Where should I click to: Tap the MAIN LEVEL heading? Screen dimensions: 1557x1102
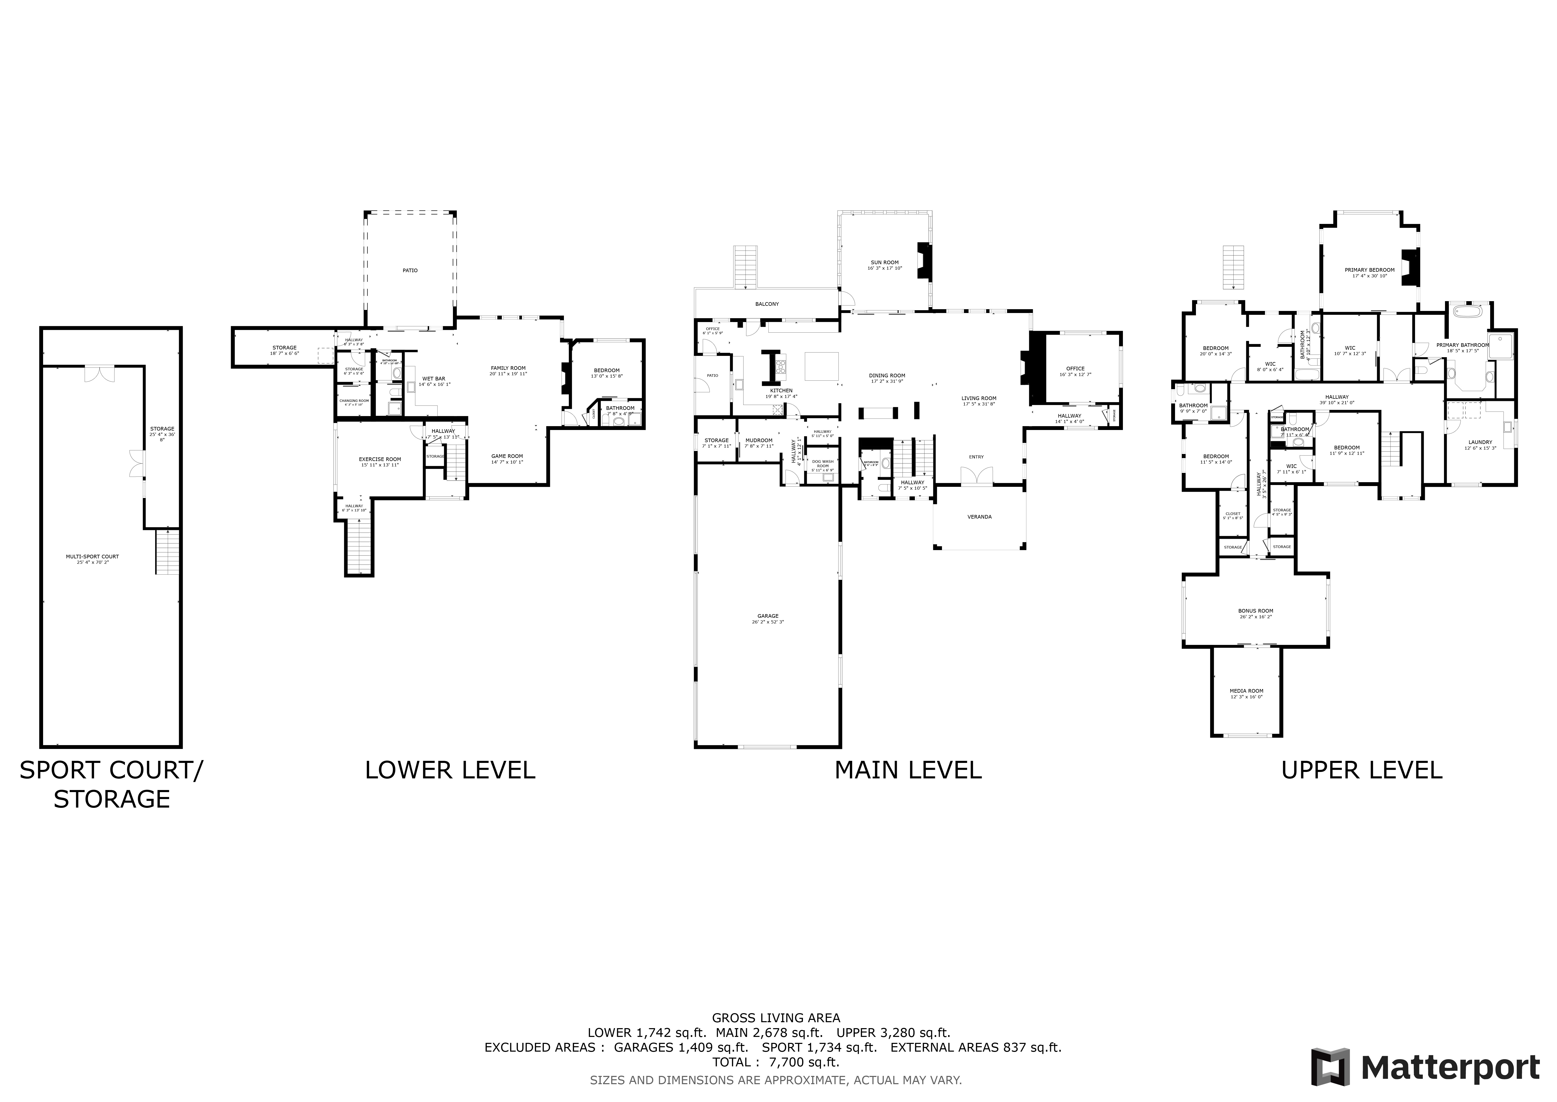point(907,770)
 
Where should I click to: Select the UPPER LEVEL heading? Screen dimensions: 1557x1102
point(1361,770)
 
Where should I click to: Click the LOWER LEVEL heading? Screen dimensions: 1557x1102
point(450,770)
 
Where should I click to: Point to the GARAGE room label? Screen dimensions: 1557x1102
point(768,616)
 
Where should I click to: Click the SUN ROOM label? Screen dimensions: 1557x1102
point(884,263)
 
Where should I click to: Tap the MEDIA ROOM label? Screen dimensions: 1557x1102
point(1247,691)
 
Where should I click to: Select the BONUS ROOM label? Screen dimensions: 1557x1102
point(1255,611)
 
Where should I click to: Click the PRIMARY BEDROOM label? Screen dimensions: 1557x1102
point(1369,270)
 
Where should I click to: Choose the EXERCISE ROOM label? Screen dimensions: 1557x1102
point(380,459)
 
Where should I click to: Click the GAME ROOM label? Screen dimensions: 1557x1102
point(507,456)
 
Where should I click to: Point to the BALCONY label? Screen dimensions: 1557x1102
point(767,304)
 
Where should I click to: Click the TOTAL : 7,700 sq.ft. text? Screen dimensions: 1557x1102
point(776,1062)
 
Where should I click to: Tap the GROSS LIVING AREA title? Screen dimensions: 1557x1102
point(776,1018)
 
